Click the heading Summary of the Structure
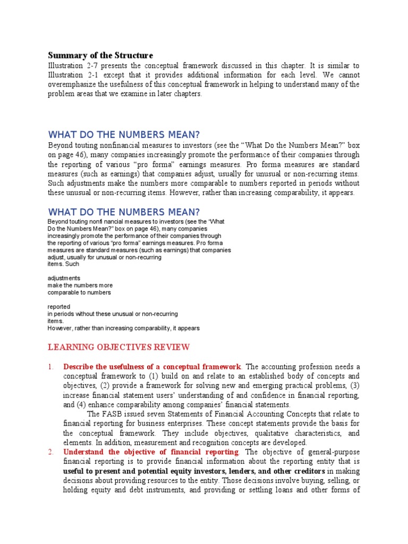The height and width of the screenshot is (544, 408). click(x=100, y=56)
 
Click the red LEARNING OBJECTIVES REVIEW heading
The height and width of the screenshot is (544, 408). click(x=118, y=347)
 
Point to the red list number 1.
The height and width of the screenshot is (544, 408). click(x=51, y=367)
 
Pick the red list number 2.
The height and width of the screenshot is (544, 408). click(x=51, y=452)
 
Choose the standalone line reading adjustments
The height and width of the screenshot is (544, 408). click(x=64, y=278)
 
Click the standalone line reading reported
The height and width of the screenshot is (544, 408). click(x=59, y=307)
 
